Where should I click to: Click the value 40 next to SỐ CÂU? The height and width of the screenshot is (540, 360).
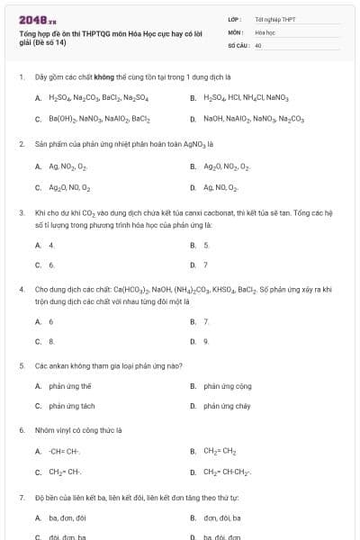click(258, 44)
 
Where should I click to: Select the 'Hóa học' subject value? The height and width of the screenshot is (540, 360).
click(265, 31)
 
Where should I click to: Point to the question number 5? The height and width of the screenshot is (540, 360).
click(21, 366)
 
